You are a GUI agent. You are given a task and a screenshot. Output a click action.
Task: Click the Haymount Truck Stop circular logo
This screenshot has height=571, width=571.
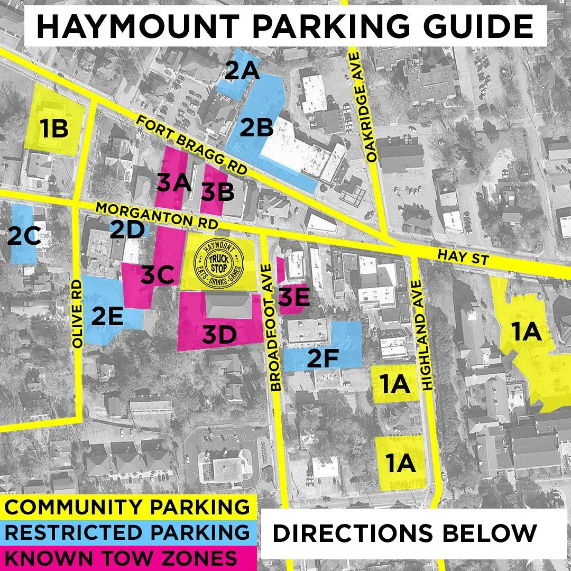click(220, 263)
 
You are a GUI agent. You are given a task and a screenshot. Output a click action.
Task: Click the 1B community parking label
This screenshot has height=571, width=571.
click(54, 129)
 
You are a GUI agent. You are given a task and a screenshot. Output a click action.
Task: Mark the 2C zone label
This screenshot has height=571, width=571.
click(24, 236)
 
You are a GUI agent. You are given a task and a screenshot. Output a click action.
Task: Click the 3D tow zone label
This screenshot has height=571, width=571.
click(220, 335)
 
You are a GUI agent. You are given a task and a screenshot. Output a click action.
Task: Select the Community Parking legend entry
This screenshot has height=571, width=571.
click(127, 507)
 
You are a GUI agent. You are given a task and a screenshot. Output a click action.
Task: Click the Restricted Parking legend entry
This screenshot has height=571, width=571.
click(127, 532)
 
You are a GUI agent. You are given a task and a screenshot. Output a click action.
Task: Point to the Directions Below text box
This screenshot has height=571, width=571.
click(404, 533)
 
